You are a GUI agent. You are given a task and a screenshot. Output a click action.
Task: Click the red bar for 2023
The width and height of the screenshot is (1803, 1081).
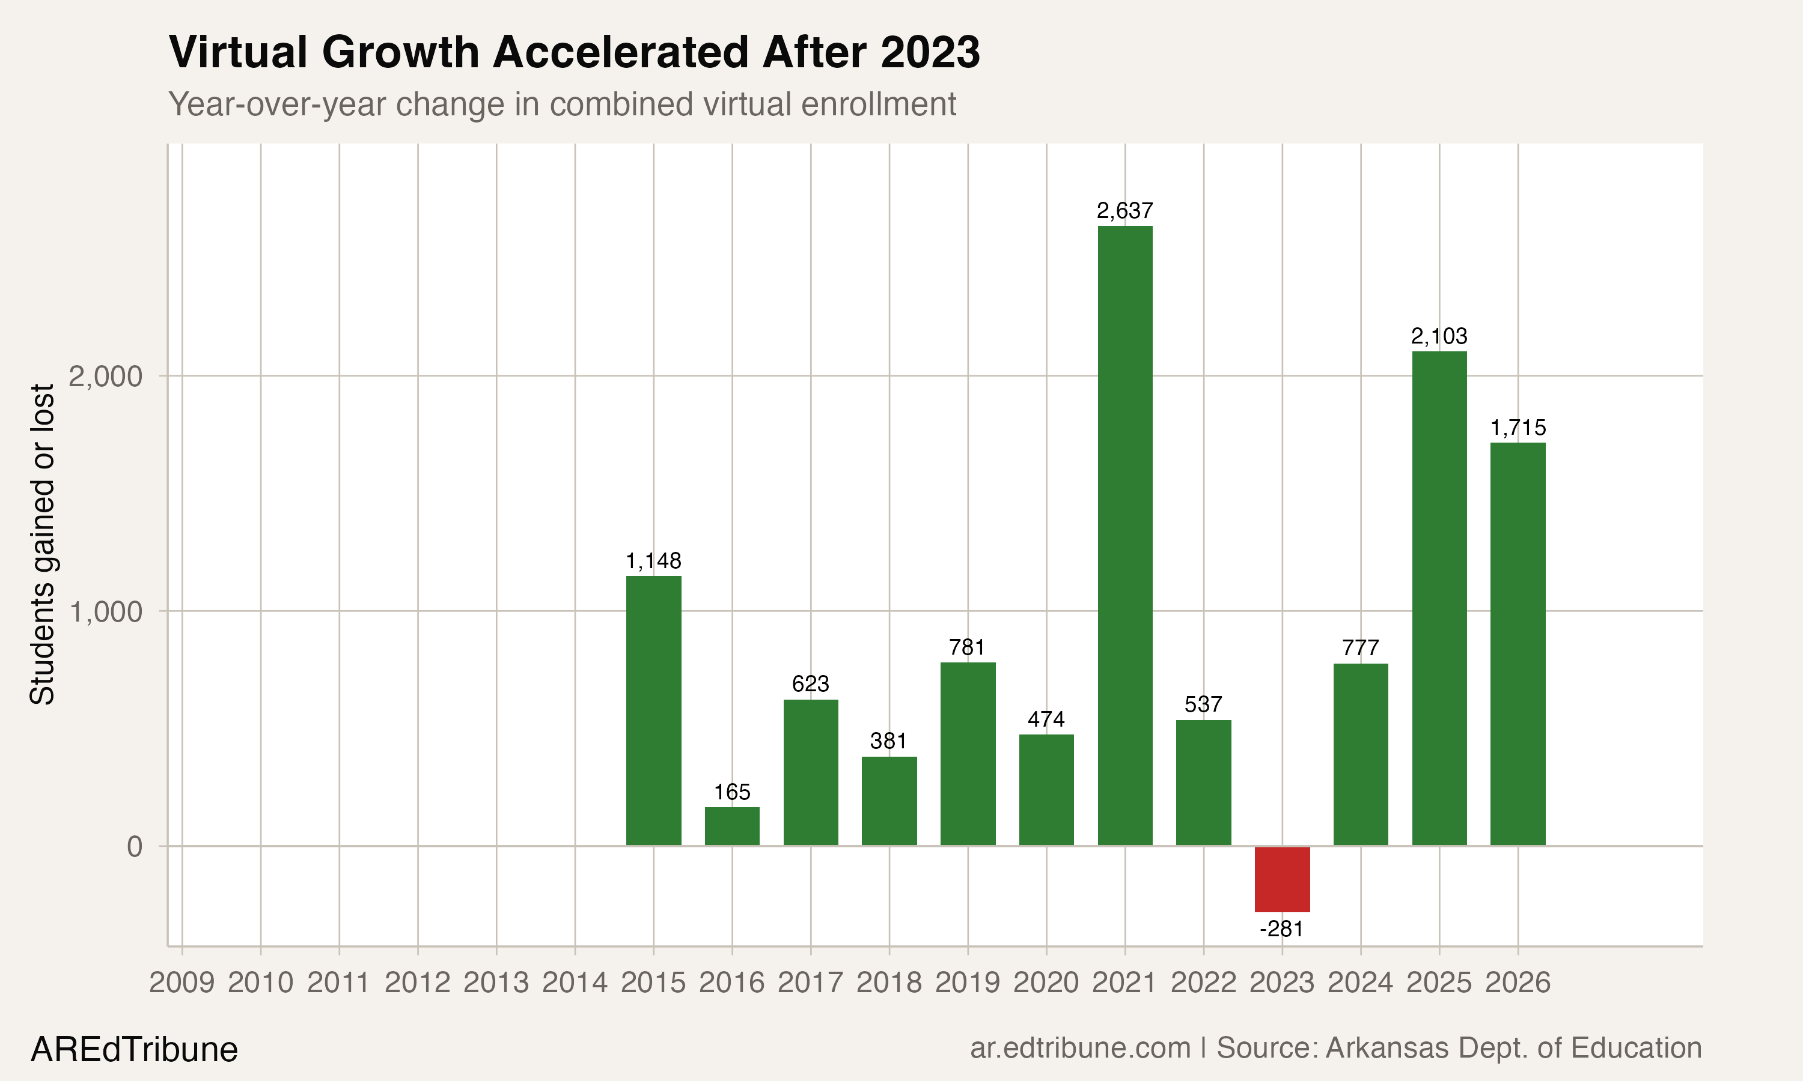coord(1282,879)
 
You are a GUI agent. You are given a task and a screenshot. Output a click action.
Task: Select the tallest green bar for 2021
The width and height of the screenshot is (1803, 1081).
coord(1124,536)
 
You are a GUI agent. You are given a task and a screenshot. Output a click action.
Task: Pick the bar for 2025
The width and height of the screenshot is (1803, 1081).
coord(1439,598)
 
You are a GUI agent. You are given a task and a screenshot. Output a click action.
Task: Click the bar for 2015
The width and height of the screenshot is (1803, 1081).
coord(654,710)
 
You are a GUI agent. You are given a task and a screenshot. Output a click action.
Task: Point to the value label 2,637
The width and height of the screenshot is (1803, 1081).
coord(1124,211)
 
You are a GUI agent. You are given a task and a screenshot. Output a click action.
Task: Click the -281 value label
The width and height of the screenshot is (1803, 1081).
coord(1281,930)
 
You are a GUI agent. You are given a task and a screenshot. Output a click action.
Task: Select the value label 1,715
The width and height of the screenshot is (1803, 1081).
coord(1518,428)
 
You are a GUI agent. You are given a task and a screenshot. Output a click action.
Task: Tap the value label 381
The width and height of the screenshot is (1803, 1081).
coord(888,742)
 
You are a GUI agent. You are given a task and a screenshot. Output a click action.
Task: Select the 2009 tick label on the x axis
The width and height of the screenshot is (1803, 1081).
coord(182,983)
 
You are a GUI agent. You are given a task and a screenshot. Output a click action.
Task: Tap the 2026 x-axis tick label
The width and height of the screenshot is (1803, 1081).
coord(1518,983)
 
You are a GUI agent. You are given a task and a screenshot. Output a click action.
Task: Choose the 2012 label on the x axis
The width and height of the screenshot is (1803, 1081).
coord(417,983)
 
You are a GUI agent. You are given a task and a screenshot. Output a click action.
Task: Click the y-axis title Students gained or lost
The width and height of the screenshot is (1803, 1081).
coord(42,544)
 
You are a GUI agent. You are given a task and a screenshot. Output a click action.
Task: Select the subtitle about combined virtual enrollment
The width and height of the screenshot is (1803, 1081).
coord(561,104)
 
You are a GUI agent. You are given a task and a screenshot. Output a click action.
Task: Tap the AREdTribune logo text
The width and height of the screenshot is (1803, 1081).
coord(134,1050)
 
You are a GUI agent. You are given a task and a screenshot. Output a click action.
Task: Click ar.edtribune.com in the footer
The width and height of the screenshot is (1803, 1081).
coord(1080,1048)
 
